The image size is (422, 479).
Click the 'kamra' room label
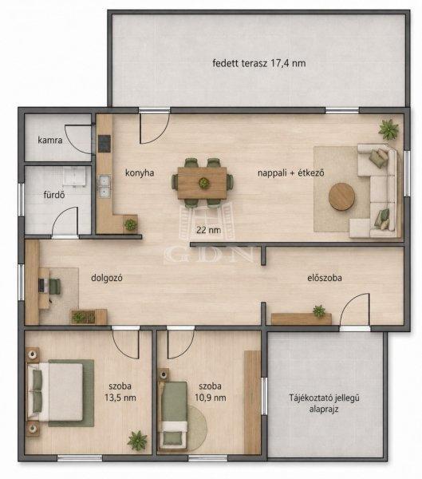pos(50,141)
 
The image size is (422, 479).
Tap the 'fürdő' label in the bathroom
pos(54,195)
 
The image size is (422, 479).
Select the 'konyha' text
pos(140,173)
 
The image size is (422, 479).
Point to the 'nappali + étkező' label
pos(290,173)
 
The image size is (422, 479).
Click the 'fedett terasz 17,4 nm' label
pos(259,63)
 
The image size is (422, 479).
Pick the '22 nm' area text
pos(208,230)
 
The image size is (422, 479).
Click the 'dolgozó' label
pos(107,278)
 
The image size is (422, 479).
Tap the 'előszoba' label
pos(325,278)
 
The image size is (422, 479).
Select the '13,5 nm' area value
pos(120,398)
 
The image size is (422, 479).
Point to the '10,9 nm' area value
pos(211,398)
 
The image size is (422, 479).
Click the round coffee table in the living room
pos(341,196)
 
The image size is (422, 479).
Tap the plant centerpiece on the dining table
pos(203,183)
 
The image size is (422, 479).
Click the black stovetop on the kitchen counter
pos(104,144)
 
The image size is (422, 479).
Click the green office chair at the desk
pos(55,287)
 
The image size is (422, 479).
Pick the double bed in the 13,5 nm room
pos(55,392)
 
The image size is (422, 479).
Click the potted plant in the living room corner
pos(388,129)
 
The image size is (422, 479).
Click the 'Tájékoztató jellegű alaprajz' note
pos(324,403)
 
